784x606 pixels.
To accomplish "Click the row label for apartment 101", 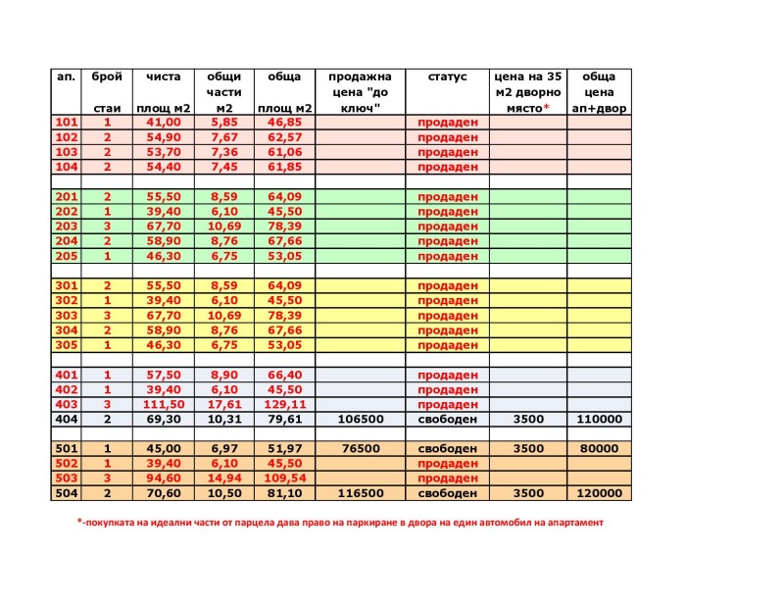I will (x=67, y=123).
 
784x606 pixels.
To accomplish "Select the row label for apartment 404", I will (x=67, y=419).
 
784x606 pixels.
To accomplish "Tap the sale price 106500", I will (x=360, y=419).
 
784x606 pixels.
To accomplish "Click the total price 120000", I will (x=599, y=493).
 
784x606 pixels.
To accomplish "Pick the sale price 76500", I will (x=360, y=449).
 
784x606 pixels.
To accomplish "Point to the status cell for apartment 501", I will (x=447, y=449).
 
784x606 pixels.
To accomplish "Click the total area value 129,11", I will (x=284, y=404).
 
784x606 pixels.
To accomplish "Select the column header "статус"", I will (x=447, y=76).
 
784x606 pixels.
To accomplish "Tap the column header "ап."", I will (x=67, y=76).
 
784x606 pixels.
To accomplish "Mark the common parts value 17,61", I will (x=223, y=404).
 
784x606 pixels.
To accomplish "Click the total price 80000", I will (x=599, y=449).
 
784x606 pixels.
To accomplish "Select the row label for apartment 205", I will (x=67, y=256).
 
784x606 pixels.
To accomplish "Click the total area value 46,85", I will (x=284, y=123).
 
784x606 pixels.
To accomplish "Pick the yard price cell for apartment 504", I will (x=528, y=493).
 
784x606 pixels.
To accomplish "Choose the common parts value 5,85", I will (x=223, y=123).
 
